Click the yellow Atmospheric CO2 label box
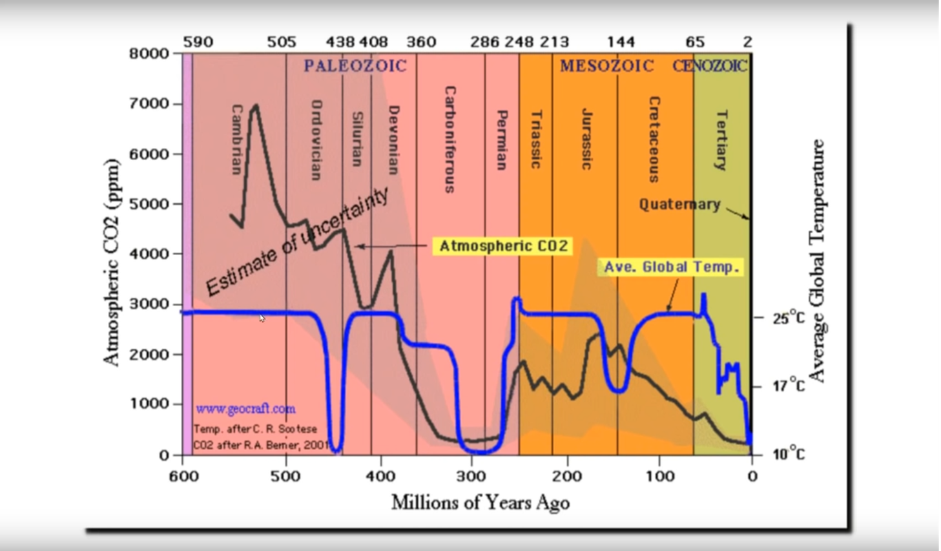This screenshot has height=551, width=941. pos(503,246)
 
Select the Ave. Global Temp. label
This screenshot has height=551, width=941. pos(672,267)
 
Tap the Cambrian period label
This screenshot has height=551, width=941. pos(236,140)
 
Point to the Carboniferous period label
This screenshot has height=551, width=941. pos(450,140)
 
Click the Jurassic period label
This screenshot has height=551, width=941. pos(586,139)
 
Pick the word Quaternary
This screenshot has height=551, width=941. pos(679,205)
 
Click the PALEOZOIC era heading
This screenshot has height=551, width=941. pos(355,66)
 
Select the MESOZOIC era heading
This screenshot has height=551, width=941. pos(606,66)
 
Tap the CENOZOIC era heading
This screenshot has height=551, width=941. pos(709,66)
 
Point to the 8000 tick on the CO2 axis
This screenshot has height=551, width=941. pos(149,54)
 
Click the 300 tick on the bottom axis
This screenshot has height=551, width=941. pos(471,477)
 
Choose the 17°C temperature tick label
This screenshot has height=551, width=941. pos(789,386)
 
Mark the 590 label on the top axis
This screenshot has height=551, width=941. pos(198,43)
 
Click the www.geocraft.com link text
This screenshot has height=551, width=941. pos(245,409)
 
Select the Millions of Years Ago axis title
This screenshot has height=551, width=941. pos(481,503)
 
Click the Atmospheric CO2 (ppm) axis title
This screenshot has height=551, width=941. pos(112,262)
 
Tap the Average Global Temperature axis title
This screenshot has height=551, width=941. pos(817,262)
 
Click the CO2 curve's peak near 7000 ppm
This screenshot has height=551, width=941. pos(256,105)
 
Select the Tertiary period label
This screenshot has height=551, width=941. pos(721,140)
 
